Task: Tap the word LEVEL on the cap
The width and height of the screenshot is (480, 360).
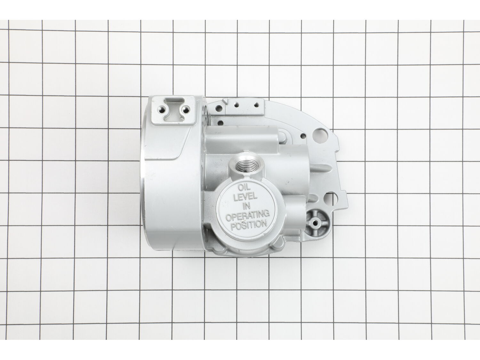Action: (x=245, y=197)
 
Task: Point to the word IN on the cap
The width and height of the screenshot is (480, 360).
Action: (x=247, y=206)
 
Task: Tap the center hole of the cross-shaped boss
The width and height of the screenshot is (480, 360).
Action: (x=316, y=222)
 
